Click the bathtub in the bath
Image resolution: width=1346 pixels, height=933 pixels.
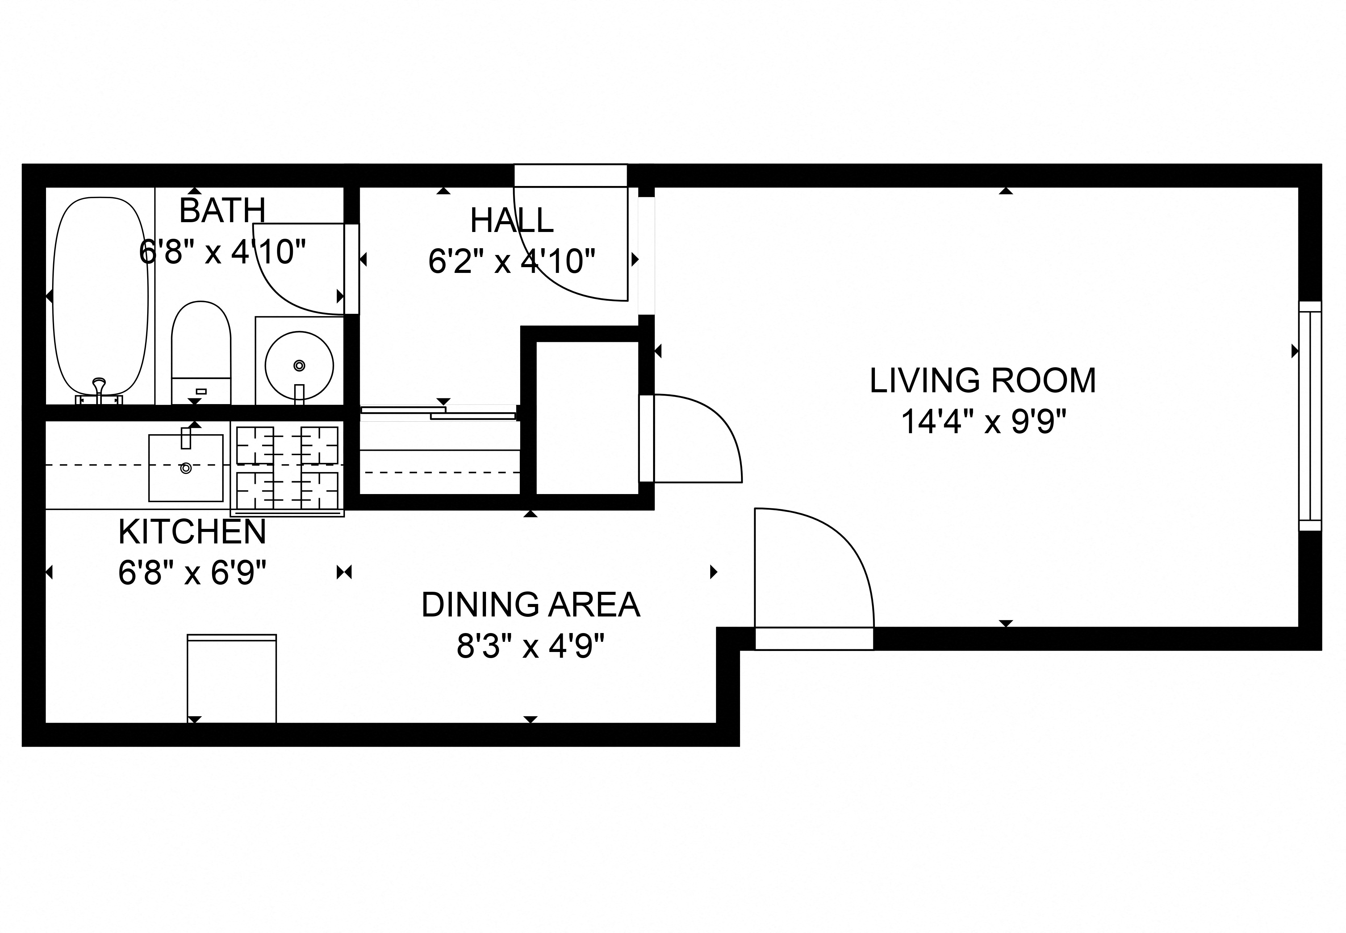pos(100,295)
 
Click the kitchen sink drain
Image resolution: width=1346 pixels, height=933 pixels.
pos(186,468)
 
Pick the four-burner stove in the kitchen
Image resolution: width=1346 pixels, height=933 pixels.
pos(287,468)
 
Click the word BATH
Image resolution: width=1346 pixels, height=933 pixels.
pos(222,210)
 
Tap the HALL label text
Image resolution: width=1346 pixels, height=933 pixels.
pos(511,220)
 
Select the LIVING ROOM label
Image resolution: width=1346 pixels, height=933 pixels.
pos(982,380)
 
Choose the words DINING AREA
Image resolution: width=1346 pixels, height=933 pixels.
pos(530,605)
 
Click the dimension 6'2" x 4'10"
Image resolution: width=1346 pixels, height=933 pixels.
pos(511,261)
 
